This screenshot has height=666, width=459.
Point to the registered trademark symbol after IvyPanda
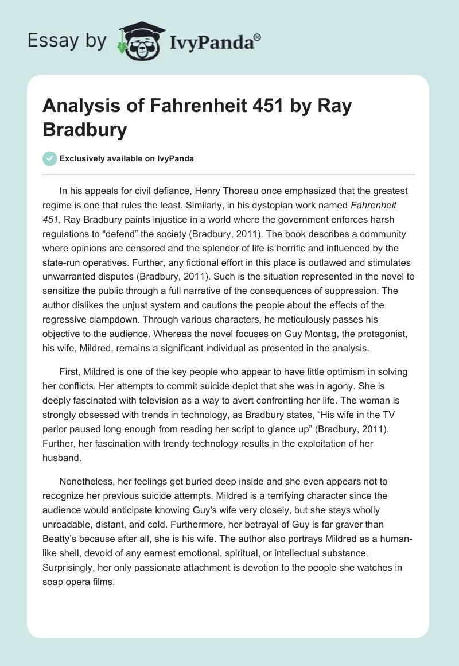[258, 37]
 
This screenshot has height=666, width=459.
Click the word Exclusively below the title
[83, 158]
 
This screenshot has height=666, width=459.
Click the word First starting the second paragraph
[70, 372]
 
